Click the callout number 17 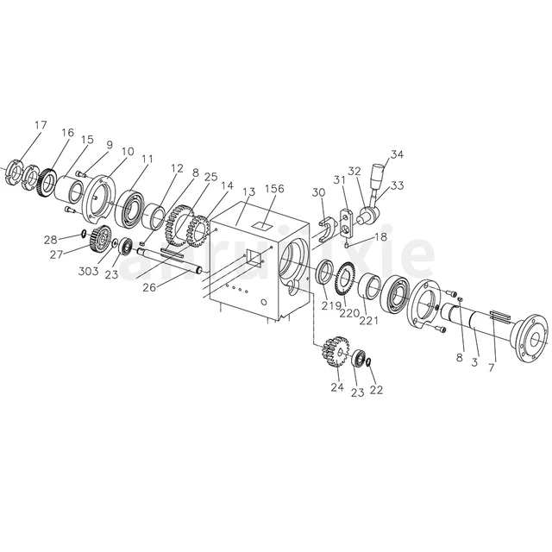point(41,125)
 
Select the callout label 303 point(89,272)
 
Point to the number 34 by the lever point(397,155)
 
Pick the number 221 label point(369,320)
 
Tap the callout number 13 point(248,191)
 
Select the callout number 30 point(318,193)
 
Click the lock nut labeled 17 point(15,171)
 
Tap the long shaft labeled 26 point(168,263)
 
